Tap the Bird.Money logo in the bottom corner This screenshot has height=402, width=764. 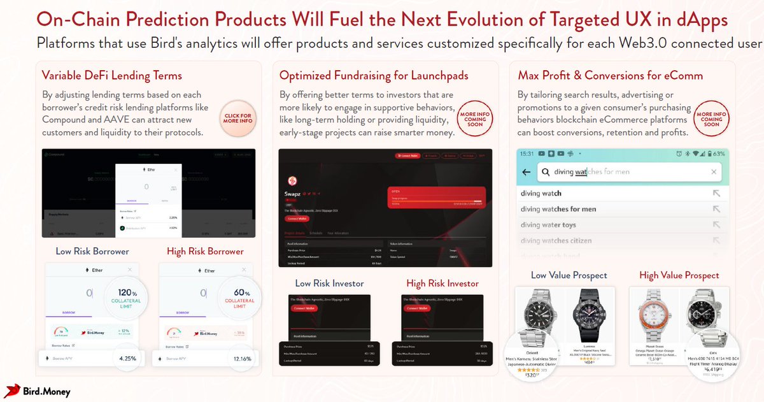(x=38, y=391)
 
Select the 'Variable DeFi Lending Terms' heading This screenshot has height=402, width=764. (x=112, y=76)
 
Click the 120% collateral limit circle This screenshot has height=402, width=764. (x=125, y=297)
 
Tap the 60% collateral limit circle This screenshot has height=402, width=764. (x=239, y=297)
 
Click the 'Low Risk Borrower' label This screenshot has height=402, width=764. (x=92, y=251)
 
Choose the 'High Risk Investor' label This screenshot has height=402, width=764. (x=442, y=283)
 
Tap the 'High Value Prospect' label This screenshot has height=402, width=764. (x=679, y=275)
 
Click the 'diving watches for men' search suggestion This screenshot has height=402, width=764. (x=558, y=209)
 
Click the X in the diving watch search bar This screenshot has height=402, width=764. (x=714, y=172)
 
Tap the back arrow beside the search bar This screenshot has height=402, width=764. (x=526, y=172)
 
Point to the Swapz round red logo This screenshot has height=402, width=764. (x=294, y=180)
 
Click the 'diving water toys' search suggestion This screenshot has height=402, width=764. (x=548, y=225)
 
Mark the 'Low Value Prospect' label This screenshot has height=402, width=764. (x=569, y=275)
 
